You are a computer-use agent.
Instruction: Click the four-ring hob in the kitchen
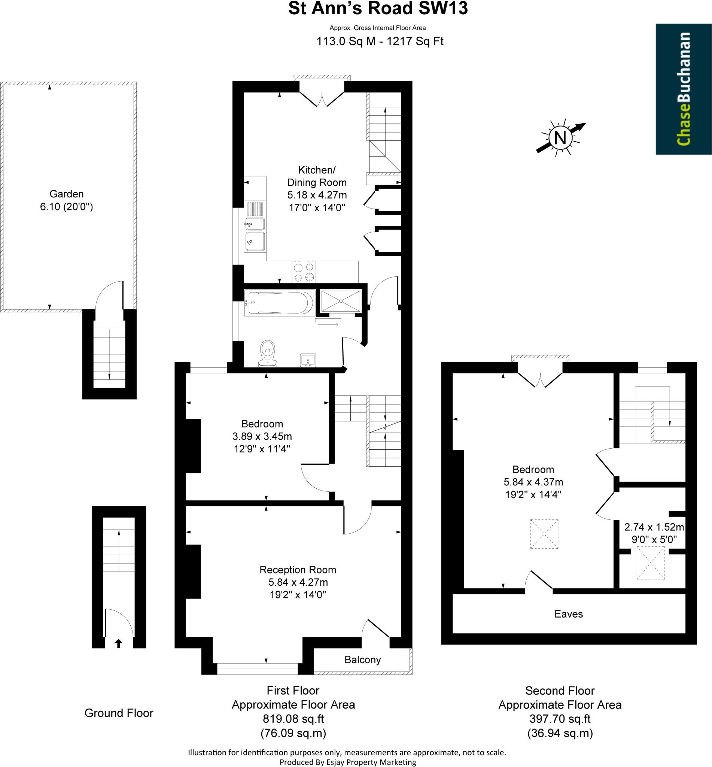click(304, 272)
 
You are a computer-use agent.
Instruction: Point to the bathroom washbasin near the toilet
click(308, 361)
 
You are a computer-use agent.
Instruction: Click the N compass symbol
click(560, 137)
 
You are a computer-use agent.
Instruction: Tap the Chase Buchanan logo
click(683, 89)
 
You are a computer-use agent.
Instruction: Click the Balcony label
click(362, 660)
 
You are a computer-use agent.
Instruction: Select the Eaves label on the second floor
click(568, 613)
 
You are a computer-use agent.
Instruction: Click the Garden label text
click(66, 194)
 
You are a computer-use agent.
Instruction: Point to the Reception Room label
click(298, 570)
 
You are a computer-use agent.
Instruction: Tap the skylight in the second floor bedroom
click(544, 534)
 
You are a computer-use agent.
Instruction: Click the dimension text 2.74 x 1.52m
click(654, 527)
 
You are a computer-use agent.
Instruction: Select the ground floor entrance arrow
click(119, 643)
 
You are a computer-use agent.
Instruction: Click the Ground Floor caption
click(119, 713)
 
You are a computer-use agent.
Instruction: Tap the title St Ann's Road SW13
click(378, 9)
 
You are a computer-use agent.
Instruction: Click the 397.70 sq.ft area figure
click(560, 718)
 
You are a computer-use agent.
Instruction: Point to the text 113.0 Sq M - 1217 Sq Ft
click(380, 41)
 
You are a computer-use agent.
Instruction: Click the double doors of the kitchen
click(321, 99)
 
